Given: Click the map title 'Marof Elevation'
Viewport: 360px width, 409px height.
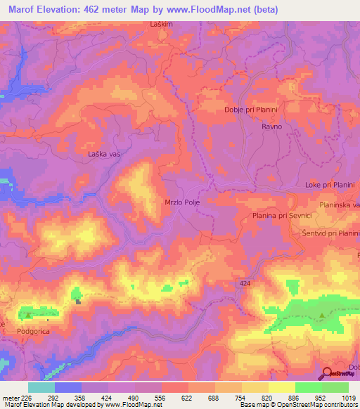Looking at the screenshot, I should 42,10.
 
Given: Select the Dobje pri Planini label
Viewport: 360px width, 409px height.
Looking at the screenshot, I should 252,110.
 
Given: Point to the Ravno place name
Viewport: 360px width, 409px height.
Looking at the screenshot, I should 272,126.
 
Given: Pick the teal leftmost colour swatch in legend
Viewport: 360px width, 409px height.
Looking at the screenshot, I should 41,387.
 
